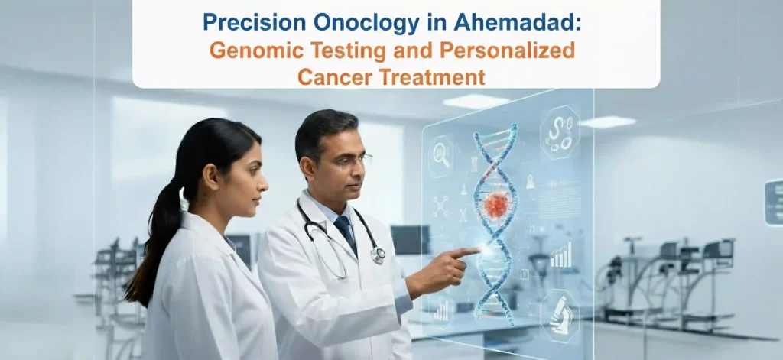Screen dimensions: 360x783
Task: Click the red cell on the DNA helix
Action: click(x=496, y=204)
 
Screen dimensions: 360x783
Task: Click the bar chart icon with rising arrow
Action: click(x=560, y=255)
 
